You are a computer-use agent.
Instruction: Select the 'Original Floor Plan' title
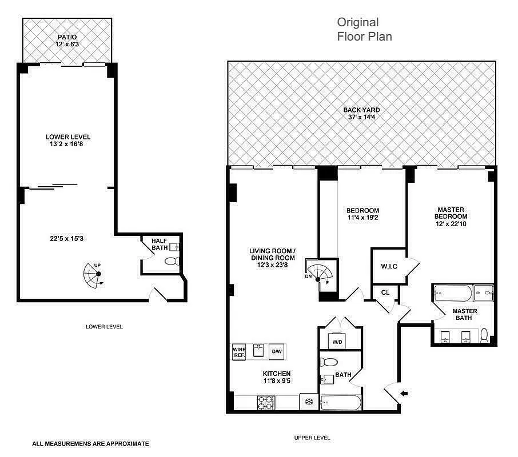364,29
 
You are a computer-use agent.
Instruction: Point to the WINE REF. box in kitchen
238,352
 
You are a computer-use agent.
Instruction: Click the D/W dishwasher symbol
277,351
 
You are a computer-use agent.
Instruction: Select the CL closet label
385,292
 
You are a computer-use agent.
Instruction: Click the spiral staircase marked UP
93,276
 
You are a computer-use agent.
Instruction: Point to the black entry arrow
405,392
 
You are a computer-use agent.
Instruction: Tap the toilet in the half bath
172,262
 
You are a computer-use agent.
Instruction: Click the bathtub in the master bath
452,294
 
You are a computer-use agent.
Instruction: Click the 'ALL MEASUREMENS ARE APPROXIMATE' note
90,443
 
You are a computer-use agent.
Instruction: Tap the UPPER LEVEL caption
312,438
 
